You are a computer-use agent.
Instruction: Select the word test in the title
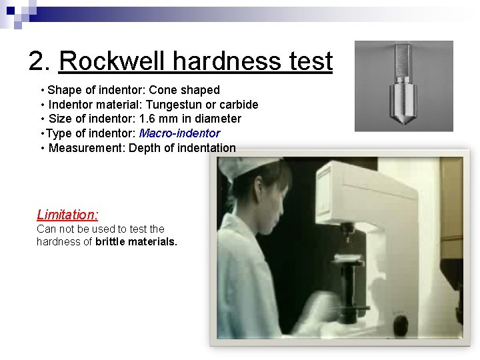311,61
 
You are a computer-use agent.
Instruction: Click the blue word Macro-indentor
179,133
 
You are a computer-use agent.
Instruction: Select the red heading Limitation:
67,215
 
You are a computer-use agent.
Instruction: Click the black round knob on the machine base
401,325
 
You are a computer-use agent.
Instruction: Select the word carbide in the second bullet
239,104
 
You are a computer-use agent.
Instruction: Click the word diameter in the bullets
221,119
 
